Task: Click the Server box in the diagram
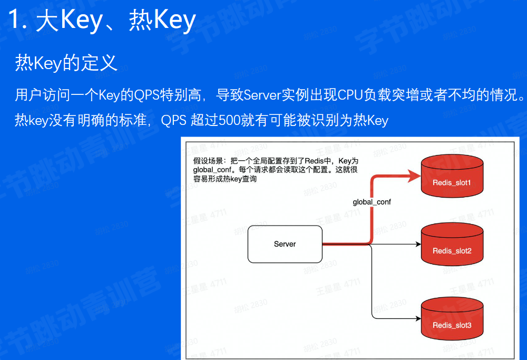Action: [x=285, y=244]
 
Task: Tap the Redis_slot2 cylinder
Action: [x=452, y=245]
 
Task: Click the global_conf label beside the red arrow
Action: [x=372, y=202]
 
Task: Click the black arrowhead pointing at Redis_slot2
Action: [x=417, y=245]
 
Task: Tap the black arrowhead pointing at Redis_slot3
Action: [x=417, y=318]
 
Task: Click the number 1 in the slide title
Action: [x=17, y=21]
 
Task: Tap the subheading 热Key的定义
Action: [x=66, y=63]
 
